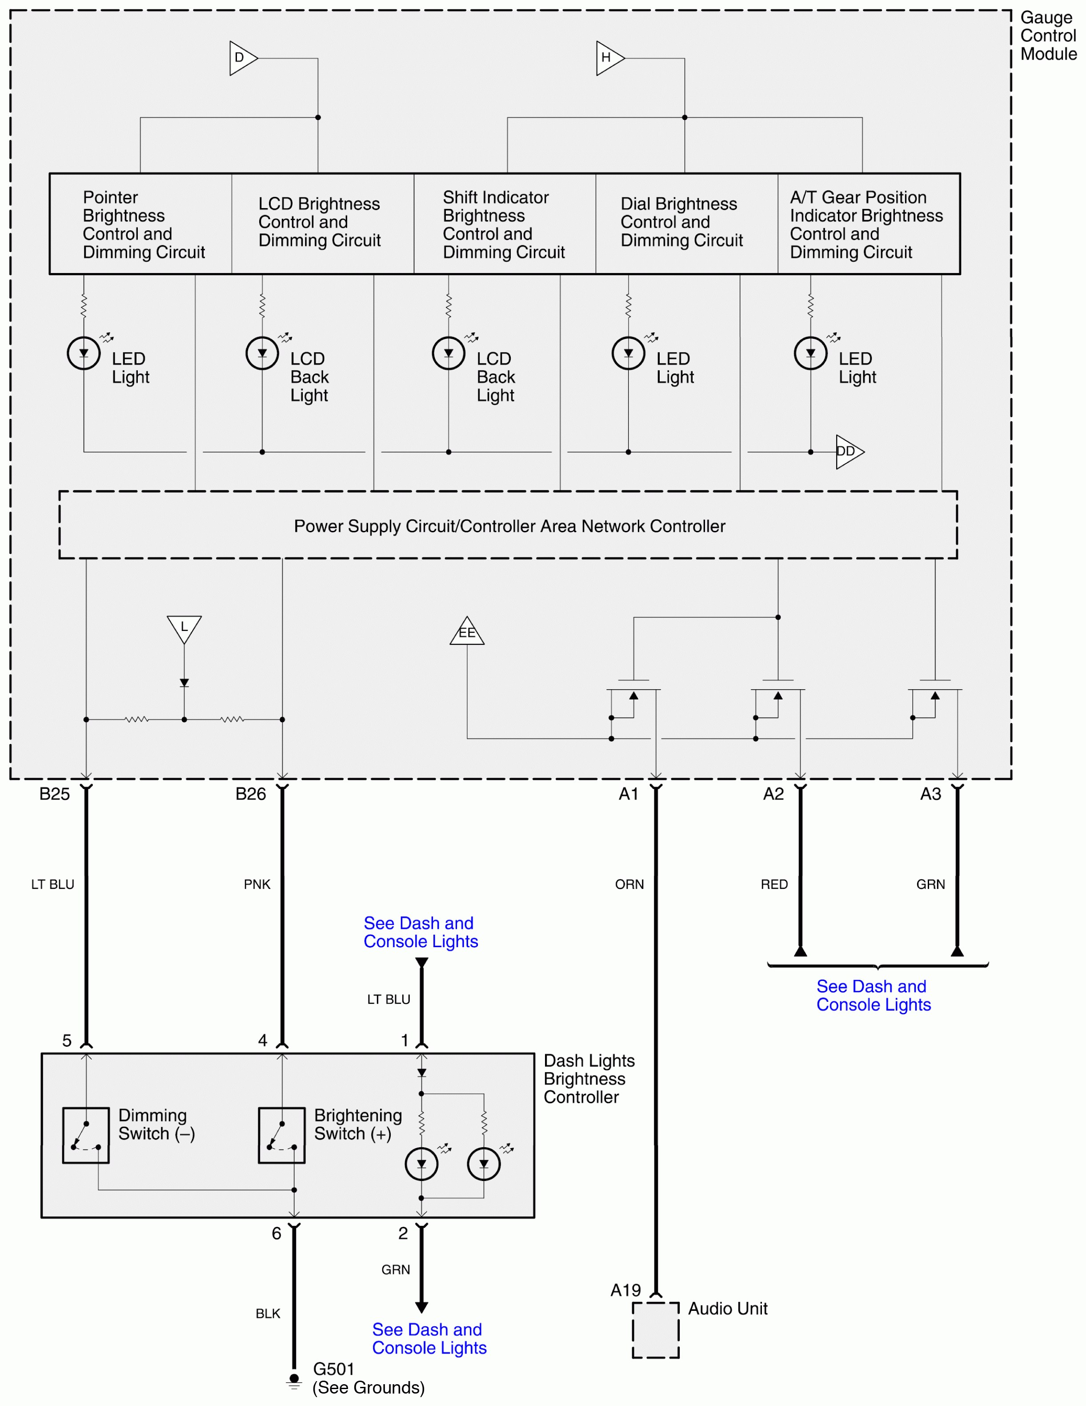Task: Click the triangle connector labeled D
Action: (x=242, y=58)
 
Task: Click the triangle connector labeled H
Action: (x=608, y=58)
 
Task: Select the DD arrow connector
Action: (x=848, y=451)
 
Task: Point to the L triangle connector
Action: (x=184, y=628)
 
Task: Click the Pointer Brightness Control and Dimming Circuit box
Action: (x=141, y=224)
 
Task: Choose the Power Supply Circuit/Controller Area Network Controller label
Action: (x=509, y=526)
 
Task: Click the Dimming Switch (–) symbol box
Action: (x=86, y=1135)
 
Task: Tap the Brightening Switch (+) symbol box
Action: (x=281, y=1135)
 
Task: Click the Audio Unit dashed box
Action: (x=655, y=1330)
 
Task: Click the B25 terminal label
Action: (x=55, y=794)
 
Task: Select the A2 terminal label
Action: (x=773, y=794)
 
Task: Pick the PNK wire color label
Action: (x=257, y=884)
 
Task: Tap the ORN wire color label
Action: (x=629, y=884)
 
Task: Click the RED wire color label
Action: (x=774, y=884)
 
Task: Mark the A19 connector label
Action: (x=625, y=1290)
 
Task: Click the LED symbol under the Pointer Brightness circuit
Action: (x=84, y=353)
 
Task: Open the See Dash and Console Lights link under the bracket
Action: (x=873, y=995)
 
